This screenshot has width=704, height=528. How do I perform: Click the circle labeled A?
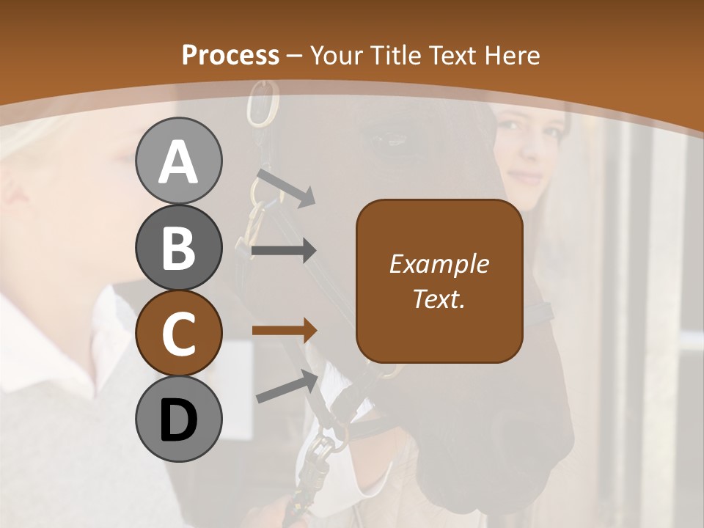pyautogui.click(x=178, y=161)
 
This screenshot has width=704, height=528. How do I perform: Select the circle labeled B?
pyautogui.click(x=178, y=247)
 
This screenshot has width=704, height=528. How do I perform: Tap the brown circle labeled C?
pyautogui.click(x=178, y=333)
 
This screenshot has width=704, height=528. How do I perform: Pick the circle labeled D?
pyautogui.click(x=178, y=419)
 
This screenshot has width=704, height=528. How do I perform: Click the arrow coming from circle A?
pyautogui.click(x=285, y=188)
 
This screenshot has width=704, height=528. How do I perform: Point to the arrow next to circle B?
pyautogui.click(x=284, y=251)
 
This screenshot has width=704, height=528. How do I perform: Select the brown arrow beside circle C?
pyautogui.click(x=284, y=330)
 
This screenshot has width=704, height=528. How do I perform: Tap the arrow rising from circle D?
pyautogui.click(x=287, y=386)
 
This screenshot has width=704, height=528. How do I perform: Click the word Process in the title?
pyautogui.click(x=230, y=55)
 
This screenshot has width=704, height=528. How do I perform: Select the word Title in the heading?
pyautogui.click(x=397, y=55)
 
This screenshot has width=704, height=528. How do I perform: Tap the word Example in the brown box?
pyautogui.click(x=439, y=264)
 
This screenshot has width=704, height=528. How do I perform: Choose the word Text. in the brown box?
pyautogui.click(x=439, y=298)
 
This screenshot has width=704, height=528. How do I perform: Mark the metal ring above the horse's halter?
pyautogui.click(x=265, y=103)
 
